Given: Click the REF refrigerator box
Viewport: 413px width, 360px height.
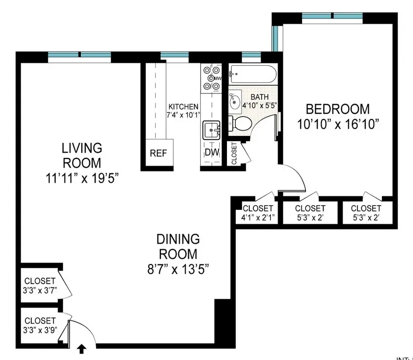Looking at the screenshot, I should (158, 153).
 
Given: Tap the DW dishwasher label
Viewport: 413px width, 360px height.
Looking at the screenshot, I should (210, 153).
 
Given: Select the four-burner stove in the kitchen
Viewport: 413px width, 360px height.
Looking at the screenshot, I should (211, 77).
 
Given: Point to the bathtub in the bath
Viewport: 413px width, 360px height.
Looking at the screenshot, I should (253, 75).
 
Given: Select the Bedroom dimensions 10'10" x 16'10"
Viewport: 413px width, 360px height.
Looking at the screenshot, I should (338, 123).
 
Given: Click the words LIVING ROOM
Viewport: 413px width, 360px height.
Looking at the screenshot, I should (81, 154).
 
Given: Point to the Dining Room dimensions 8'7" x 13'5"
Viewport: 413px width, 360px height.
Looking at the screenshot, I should (178, 268).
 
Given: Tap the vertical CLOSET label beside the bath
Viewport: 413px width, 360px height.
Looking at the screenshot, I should (234, 153).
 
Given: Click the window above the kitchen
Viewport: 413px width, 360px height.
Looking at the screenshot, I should (171, 55).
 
